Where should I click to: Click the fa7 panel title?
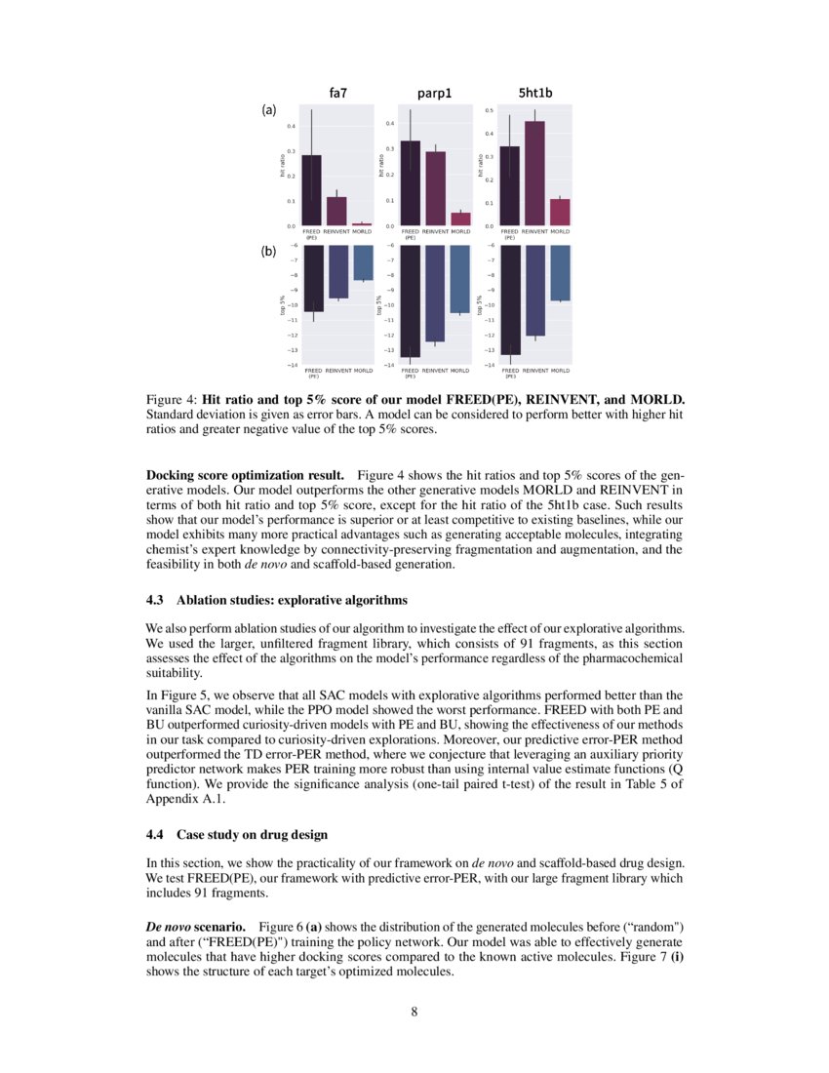339,94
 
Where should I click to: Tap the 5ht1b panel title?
533,94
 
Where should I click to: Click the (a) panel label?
269,110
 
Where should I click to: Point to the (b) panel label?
269,251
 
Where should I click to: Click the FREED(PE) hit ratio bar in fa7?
312,190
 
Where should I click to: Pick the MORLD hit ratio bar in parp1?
460,219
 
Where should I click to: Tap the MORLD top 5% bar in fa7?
362,262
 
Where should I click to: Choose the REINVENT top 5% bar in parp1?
435,293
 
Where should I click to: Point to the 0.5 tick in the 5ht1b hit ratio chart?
490,111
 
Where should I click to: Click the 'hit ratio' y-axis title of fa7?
282,167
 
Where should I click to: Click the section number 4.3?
155,599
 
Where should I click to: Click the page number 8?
414,1011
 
